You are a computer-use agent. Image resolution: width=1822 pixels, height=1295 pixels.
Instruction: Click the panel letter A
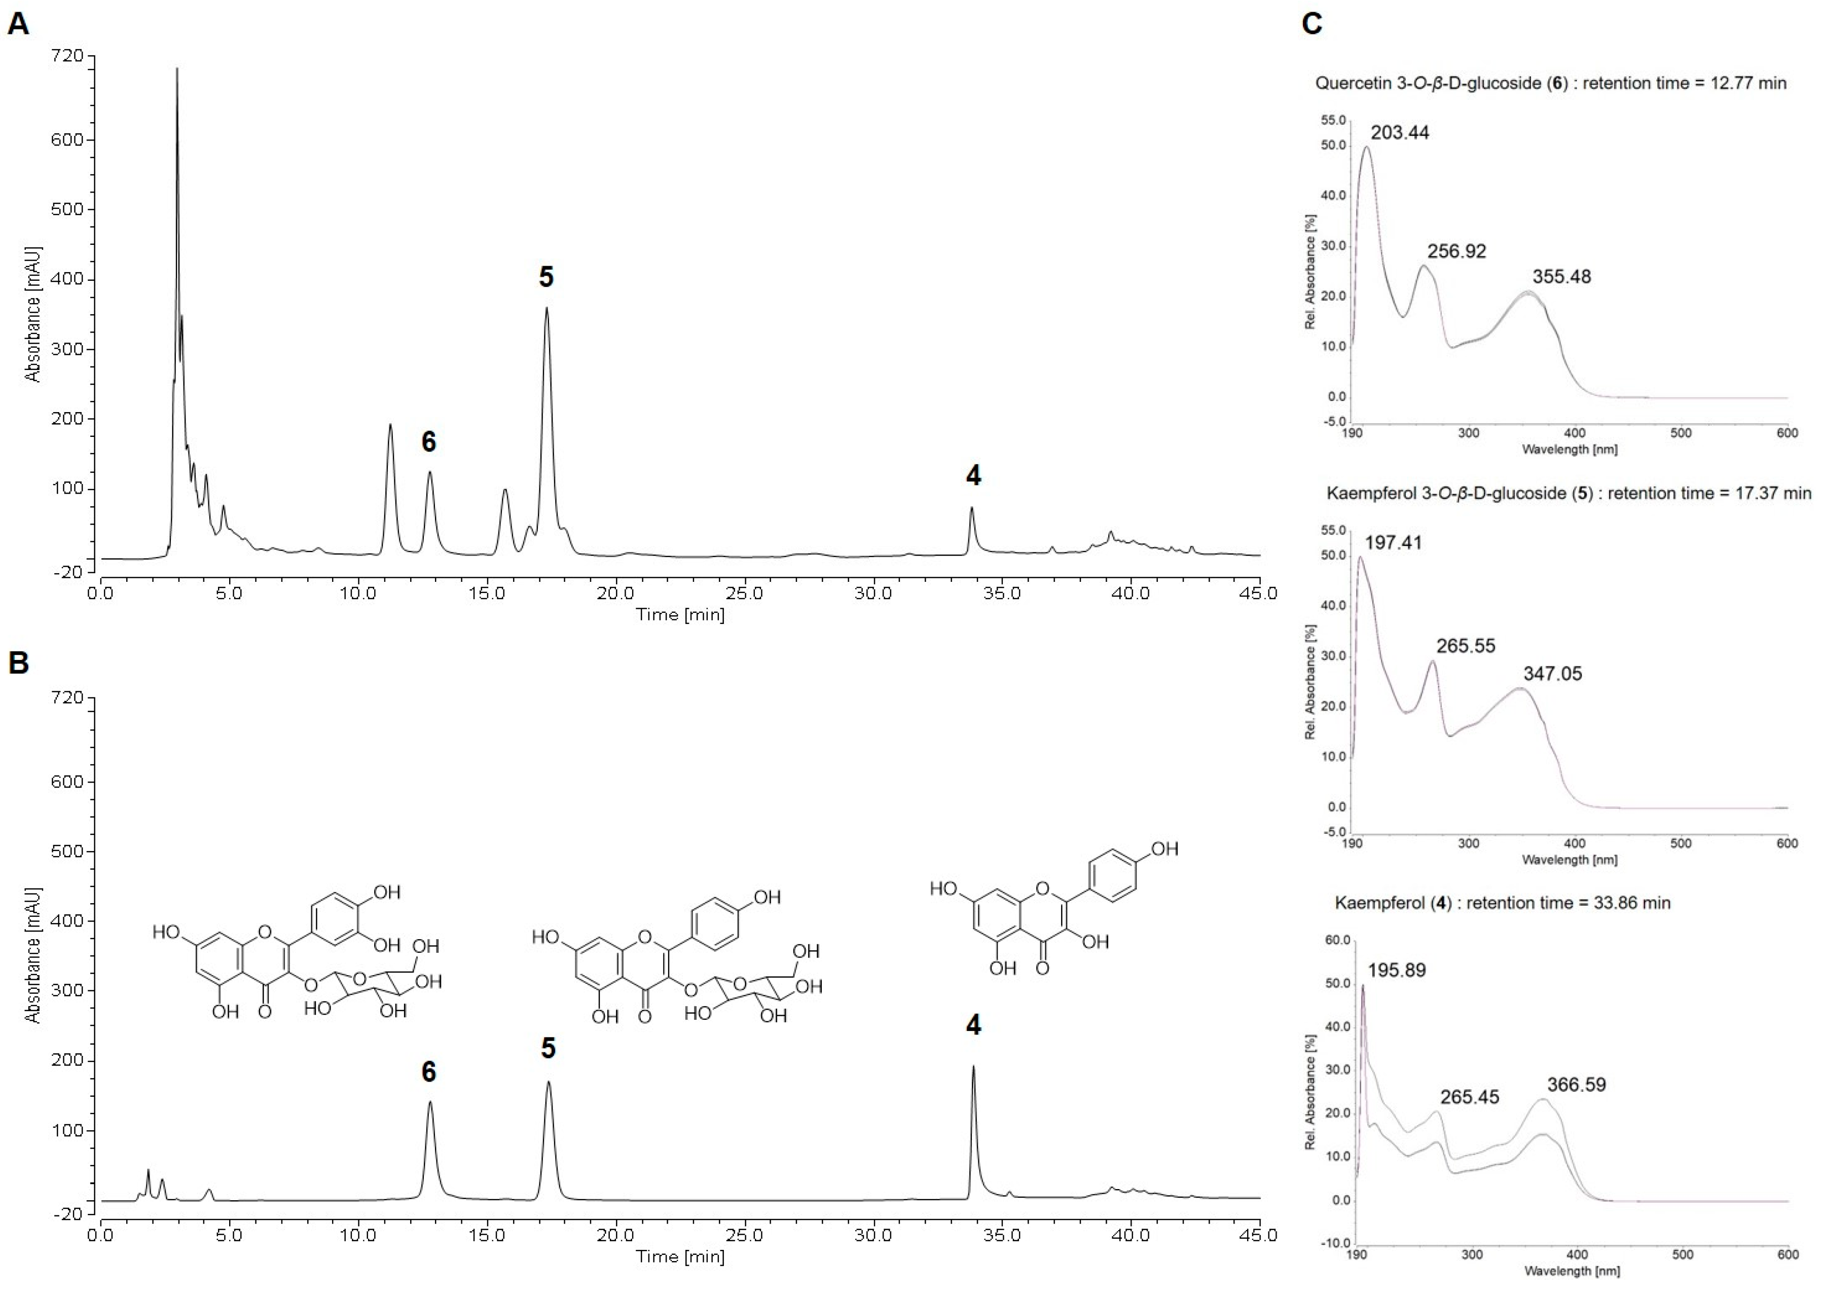tap(18, 24)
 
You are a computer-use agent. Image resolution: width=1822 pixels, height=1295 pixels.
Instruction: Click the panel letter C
tap(1311, 24)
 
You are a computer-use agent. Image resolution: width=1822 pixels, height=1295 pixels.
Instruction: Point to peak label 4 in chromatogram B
tap(973, 1025)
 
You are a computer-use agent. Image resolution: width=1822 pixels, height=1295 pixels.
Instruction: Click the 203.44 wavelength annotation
tap(1400, 132)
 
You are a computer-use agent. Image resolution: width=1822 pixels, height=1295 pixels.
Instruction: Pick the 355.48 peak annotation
tap(1561, 277)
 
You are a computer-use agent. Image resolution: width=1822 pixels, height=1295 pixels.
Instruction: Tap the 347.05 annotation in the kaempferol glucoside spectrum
tap(1552, 674)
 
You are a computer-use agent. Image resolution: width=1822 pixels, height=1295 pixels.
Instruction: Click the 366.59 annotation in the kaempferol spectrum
tap(1577, 1085)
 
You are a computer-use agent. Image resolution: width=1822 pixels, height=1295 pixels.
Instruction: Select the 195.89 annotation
tap(1397, 971)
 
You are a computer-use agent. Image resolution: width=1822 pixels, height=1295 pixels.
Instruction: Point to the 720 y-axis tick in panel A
tap(67, 56)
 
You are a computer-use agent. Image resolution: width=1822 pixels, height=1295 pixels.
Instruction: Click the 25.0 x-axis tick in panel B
tap(745, 1235)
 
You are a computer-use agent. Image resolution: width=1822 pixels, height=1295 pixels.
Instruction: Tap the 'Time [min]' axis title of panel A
tap(680, 615)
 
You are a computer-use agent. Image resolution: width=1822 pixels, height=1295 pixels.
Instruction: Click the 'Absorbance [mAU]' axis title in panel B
tap(33, 955)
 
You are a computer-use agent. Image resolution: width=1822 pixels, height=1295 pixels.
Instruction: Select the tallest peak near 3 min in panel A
tap(177, 70)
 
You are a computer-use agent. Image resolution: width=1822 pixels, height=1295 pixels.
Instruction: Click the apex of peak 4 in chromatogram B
tap(973, 1067)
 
